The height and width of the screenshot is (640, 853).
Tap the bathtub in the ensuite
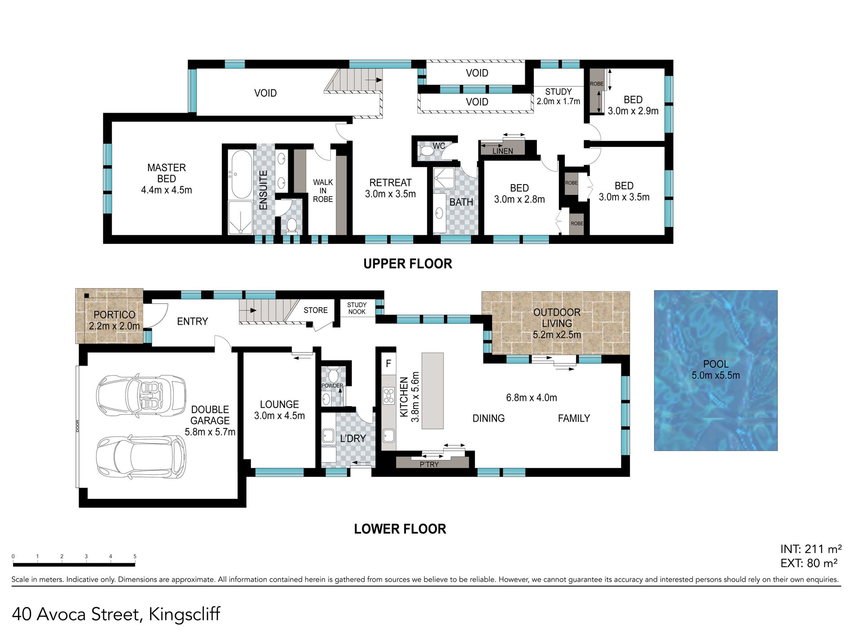[241, 174]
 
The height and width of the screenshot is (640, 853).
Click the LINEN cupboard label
[502, 151]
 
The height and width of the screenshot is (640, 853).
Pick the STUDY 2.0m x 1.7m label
[558, 97]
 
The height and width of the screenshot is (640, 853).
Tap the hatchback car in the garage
[141, 457]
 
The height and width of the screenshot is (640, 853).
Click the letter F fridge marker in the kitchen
[388, 364]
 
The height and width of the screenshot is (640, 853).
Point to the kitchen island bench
[433, 391]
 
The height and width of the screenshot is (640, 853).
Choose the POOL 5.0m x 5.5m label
[716, 370]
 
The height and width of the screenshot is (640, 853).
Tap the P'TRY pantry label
[429, 464]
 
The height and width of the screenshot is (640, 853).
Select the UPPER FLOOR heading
[408, 264]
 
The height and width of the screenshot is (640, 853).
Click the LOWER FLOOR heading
[400, 529]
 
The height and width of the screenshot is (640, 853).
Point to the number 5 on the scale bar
[135, 556]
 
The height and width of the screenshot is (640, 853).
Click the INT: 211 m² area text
[811, 549]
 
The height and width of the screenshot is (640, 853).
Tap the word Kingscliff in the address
[185, 614]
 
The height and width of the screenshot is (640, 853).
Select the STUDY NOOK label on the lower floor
[357, 308]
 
